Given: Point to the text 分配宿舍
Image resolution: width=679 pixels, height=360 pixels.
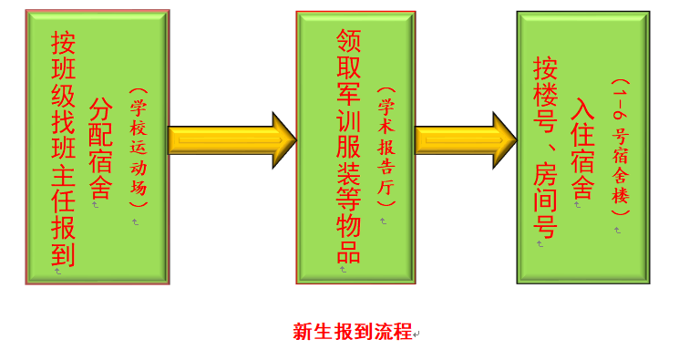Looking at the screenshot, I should [99, 148].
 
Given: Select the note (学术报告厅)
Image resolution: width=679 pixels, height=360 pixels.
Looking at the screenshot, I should [386, 147].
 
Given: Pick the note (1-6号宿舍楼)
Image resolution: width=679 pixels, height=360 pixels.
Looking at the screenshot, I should [620, 146].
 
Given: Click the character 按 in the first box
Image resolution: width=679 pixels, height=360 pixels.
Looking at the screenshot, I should [63, 43].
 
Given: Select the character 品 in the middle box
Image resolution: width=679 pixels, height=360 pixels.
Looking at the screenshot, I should [348, 251].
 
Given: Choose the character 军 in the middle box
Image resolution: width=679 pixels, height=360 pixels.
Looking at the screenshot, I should [348, 93].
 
